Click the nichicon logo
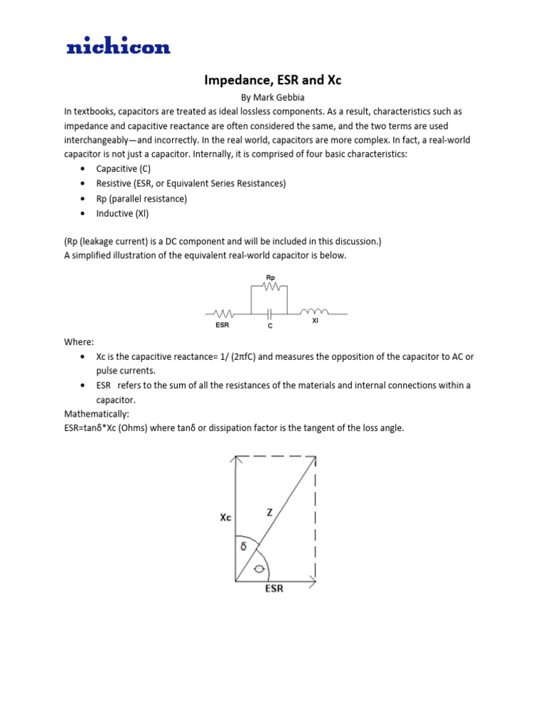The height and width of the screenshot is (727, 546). click(118, 48)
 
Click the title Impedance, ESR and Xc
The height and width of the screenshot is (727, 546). click(273, 80)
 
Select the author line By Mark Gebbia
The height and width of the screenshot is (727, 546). click(273, 98)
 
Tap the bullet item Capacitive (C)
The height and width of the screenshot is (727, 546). click(123, 169)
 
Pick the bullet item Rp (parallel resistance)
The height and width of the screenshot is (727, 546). click(141, 199)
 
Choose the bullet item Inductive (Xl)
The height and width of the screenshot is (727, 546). click(122, 213)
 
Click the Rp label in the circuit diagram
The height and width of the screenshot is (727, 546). click(270, 278)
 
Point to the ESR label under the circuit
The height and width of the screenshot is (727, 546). click(223, 325)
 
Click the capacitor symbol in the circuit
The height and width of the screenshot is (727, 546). click(269, 312)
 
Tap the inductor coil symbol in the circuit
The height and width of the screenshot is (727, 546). click(315, 312)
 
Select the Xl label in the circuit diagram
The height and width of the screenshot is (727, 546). click(315, 321)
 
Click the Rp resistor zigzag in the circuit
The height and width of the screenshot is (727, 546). click(270, 287)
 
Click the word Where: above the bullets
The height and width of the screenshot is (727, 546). click(79, 342)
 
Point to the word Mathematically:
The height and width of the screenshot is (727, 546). click(97, 414)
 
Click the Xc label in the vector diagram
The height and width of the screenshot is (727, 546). click(225, 518)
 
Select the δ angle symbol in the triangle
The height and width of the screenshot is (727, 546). click(243, 547)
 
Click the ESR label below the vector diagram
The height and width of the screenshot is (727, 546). click(274, 589)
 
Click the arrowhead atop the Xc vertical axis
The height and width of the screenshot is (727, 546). click(235, 461)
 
